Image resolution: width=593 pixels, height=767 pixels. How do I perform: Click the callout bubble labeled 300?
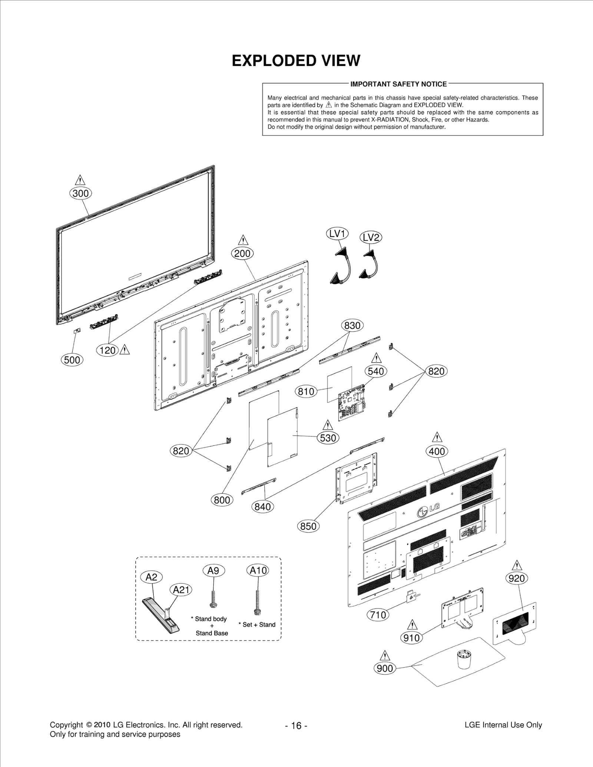[x=80, y=193]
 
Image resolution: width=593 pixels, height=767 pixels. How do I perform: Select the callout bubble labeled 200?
[x=242, y=254]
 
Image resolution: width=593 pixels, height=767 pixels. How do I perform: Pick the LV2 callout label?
[x=371, y=237]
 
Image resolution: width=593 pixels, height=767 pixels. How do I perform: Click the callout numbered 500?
[x=72, y=360]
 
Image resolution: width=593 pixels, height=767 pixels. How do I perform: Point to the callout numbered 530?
[x=328, y=438]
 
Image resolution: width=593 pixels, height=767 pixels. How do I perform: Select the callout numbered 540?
[x=376, y=371]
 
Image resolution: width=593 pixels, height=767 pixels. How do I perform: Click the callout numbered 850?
[x=308, y=526]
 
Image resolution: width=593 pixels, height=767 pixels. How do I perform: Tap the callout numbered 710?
[x=378, y=615]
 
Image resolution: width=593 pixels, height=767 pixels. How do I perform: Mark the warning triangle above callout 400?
[x=437, y=437]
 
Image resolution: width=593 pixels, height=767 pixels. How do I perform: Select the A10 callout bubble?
[x=258, y=571]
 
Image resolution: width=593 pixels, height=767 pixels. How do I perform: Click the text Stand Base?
[x=212, y=633]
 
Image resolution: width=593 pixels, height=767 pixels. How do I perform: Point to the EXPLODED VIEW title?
[x=296, y=61]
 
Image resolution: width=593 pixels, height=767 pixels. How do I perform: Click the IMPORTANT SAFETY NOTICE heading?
[x=398, y=84]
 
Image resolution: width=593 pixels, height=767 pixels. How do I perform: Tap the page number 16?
[x=296, y=726]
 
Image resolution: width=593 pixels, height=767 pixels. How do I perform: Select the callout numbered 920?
[x=517, y=578]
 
